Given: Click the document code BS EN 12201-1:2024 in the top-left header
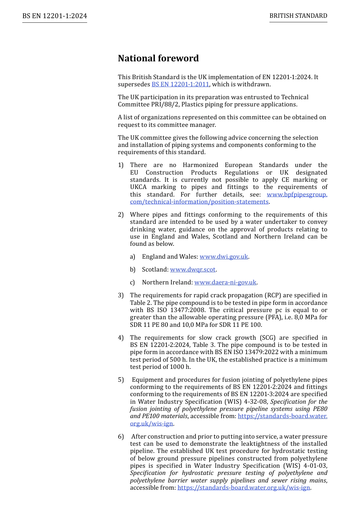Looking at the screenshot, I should click(x=55, y=16).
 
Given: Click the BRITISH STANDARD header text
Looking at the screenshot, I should click(x=298, y=16).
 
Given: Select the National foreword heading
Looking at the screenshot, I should click(x=158, y=58).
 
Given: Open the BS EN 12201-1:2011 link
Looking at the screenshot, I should click(x=180, y=84).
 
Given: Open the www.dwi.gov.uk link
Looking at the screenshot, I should click(x=224, y=257).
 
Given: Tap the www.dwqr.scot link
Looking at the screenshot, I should click(x=193, y=270).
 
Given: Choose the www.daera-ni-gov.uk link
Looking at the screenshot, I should click(x=225, y=283).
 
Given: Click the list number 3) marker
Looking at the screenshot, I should click(x=121, y=295).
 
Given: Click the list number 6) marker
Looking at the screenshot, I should click(x=121, y=437).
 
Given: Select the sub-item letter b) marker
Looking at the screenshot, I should click(x=132, y=270).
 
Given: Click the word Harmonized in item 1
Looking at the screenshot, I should click(x=200, y=165).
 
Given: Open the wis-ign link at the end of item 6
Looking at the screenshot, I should click(x=244, y=488).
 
